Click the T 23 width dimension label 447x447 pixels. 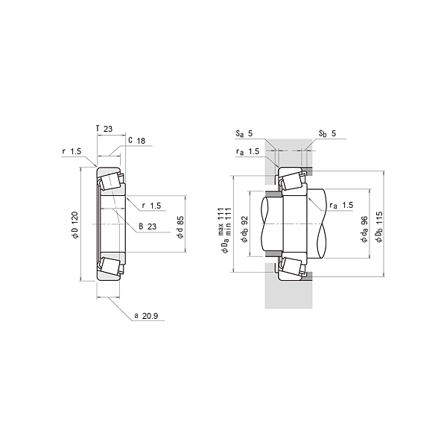104,129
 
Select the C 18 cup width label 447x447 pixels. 137,141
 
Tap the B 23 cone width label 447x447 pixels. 148,226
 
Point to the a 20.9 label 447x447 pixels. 146,316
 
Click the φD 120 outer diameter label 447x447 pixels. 74,225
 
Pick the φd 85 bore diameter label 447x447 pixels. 180,227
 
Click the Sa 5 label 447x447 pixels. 244,133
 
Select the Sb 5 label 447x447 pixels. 328,133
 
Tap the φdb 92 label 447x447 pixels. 244,229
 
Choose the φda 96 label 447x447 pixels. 364,229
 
